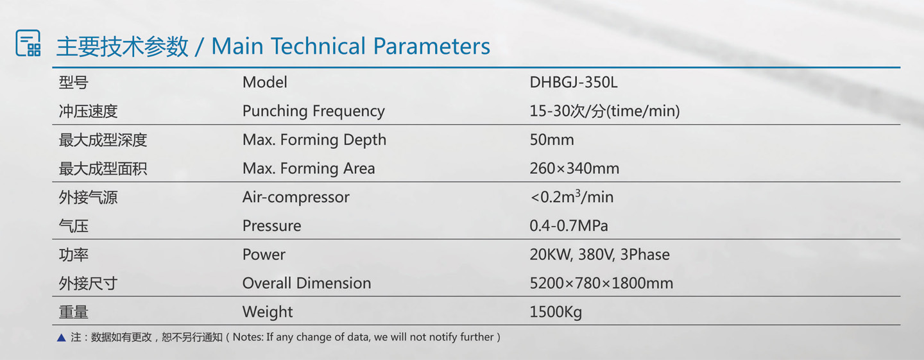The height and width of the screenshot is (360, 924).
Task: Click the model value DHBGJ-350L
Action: [574, 83]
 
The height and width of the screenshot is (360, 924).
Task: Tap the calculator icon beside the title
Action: [28, 42]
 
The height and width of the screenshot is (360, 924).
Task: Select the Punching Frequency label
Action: [314, 112]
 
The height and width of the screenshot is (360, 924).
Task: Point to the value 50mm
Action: [552, 140]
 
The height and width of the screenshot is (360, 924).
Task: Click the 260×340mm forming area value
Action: [574, 168]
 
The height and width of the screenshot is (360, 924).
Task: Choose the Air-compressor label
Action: [296, 198]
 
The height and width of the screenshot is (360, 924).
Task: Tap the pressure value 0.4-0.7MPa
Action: [569, 226]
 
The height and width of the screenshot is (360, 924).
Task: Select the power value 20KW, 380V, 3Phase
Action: [599, 255]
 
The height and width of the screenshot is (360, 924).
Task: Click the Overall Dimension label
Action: [307, 283]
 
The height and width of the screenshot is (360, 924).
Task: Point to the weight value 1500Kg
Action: [555, 312]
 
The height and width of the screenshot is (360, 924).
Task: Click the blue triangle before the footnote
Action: [62, 338]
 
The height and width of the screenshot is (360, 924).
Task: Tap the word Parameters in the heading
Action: [431, 46]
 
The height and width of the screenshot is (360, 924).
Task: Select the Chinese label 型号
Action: [73, 83]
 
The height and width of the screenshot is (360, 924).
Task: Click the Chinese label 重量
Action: [73, 312]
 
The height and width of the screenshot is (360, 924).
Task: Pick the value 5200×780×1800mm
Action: [601, 283]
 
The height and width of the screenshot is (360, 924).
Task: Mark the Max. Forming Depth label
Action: [314, 140]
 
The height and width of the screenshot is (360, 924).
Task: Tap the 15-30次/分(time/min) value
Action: [604, 112]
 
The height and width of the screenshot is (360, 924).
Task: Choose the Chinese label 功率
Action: [73, 255]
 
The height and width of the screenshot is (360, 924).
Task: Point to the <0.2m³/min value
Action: [572, 197]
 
